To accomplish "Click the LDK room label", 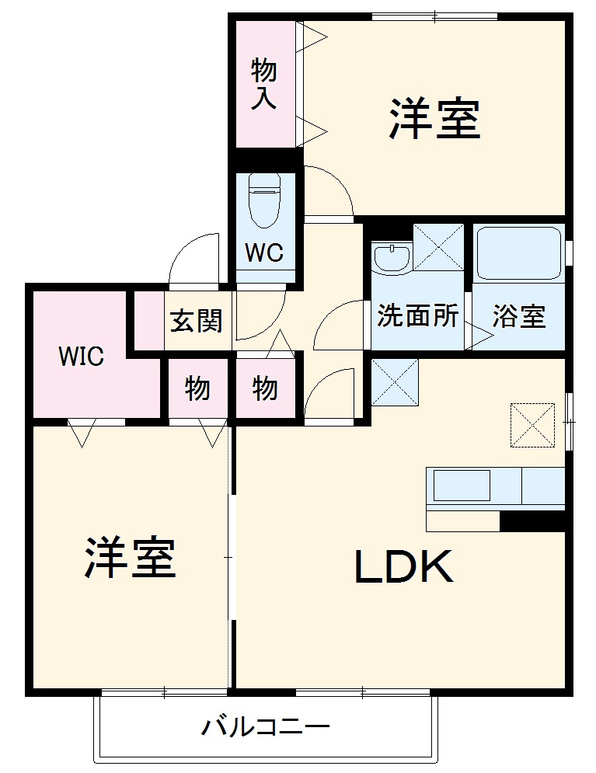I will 403,568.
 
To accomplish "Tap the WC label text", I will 265,252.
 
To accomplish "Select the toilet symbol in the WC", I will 264,200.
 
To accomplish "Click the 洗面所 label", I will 417,316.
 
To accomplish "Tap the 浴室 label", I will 518,316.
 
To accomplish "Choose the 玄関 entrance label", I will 197,320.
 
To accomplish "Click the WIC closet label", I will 82,357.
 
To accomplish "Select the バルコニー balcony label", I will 266,728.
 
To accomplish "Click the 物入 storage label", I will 264,85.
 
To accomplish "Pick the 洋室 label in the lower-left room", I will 130,557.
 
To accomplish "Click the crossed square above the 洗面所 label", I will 438,247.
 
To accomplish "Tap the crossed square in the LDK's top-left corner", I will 395,381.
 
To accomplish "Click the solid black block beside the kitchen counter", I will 532,521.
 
